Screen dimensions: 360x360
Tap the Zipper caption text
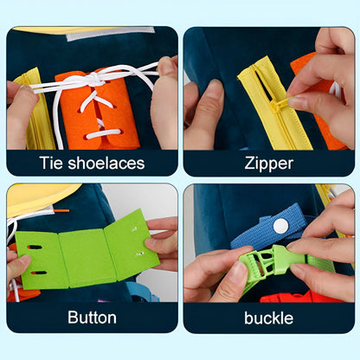pos(268,163)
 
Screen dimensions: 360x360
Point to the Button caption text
pos(92,318)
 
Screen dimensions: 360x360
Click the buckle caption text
pos(268,318)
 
